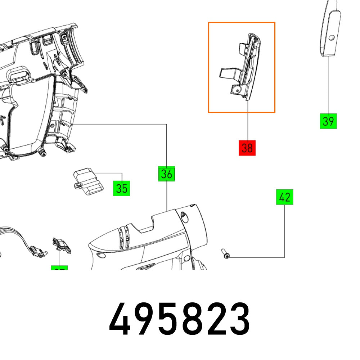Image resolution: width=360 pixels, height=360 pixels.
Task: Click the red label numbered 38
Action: click(247, 148)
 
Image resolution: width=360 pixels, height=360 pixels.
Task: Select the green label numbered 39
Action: click(328, 121)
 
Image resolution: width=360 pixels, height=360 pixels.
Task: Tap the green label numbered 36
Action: click(166, 174)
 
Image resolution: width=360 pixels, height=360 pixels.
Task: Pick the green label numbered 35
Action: click(122, 188)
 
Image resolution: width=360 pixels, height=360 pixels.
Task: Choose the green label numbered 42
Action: click(285, 197)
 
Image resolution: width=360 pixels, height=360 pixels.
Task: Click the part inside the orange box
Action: click(241, 68)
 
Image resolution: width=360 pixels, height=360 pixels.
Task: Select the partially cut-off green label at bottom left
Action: click(59, 269)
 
